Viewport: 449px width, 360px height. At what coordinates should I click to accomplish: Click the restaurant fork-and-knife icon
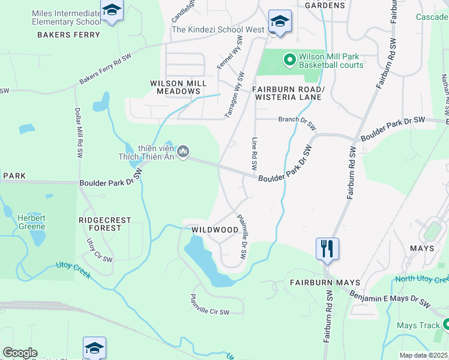(x=327, y=248)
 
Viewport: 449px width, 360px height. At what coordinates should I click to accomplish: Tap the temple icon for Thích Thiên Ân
(x=184, y=150)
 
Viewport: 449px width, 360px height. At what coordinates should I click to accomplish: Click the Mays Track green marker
(x=446, y=325)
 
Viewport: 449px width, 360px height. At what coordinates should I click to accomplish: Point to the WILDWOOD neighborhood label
(x=215, y=230)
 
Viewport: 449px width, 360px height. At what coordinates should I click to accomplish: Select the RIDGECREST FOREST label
(x=104, y=224)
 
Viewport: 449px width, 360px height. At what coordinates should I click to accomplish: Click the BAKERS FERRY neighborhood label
(x=68, y=35)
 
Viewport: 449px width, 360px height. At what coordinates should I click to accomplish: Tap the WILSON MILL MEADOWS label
(x=178, y=87)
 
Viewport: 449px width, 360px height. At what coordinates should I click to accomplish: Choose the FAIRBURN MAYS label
(x=325, y=282)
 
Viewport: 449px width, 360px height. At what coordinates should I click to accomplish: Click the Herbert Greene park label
(x=31, y=222)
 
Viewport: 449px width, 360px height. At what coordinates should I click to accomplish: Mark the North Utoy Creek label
(x=421, y=280)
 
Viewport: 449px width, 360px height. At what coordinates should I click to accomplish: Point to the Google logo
(x=20, y=353)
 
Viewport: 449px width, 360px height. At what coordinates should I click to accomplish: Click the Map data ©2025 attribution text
(x=423, y=355)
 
